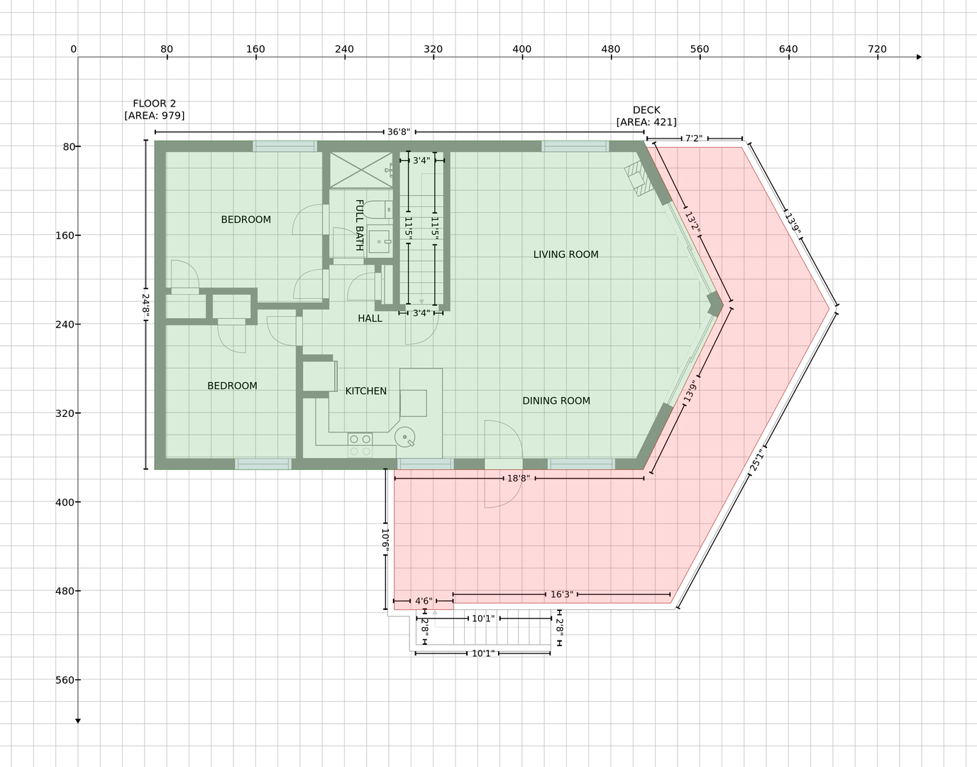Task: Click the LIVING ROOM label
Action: pyautogui.click(x=565, y=255)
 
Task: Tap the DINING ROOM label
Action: pyautogui.click(x=556, y=401)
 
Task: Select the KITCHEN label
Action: pyautogui.click(x=365, y=391)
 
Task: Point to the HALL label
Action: pyautogui.click(x=370, y=318)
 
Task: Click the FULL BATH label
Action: pyautogui.click(x=359, y=225)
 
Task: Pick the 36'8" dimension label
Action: pyautogui.click(x=399, y=132)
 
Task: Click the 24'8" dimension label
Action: pyautogui.click(x=145, y=305)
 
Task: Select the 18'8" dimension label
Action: pyautogui.click(x=519, y=478)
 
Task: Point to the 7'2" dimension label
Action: pyautogui.click(x=694, y=138)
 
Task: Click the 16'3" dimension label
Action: pyautogui.click(x=562, y=594)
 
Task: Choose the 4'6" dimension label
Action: pyautogui.click(x=424, y=601)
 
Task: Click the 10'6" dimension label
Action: pyautogui.click(x=385, y=539)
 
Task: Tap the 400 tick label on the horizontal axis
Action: pyautogui.click(x=522, y=49)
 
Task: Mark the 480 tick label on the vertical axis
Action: pyautogui.click(x=65, y=591)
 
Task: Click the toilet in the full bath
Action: pyautogui.click(x=377, y=210)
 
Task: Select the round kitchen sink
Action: pyautogui.click(x=404, y=437)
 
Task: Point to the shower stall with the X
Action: pyautogui.click(x=361, y=170)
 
